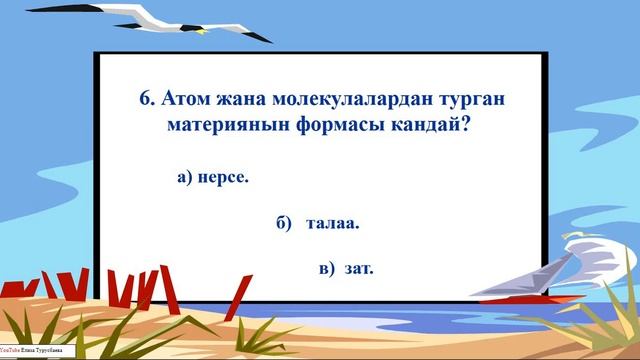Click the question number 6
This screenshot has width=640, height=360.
[146, 100]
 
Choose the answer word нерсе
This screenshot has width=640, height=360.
[224, 177]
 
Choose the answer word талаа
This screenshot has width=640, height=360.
[334, 223]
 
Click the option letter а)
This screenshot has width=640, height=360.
[184, 177]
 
